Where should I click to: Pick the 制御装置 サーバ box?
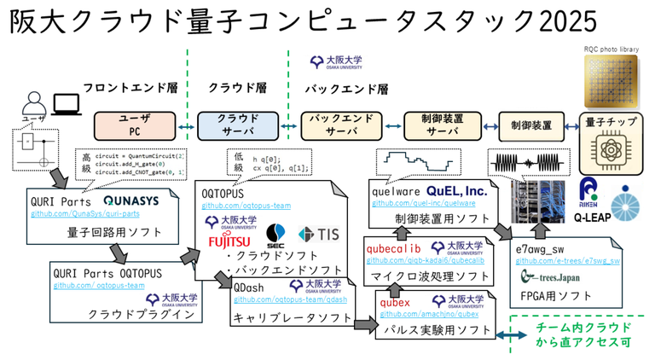point(442,125)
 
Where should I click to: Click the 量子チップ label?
point(609,122)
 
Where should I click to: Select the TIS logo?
point(318,234)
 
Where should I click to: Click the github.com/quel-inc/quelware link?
point(423,203)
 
